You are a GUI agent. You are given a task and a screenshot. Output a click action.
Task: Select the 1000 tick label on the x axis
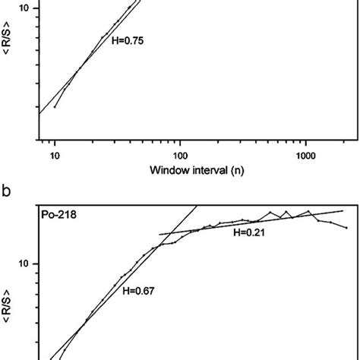point(305,154)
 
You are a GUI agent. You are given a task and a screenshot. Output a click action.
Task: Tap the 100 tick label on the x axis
point(180,154)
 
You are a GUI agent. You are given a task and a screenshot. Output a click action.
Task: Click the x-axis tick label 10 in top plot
point(55,154)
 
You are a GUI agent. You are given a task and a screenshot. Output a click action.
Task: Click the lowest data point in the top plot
point(55,106)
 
